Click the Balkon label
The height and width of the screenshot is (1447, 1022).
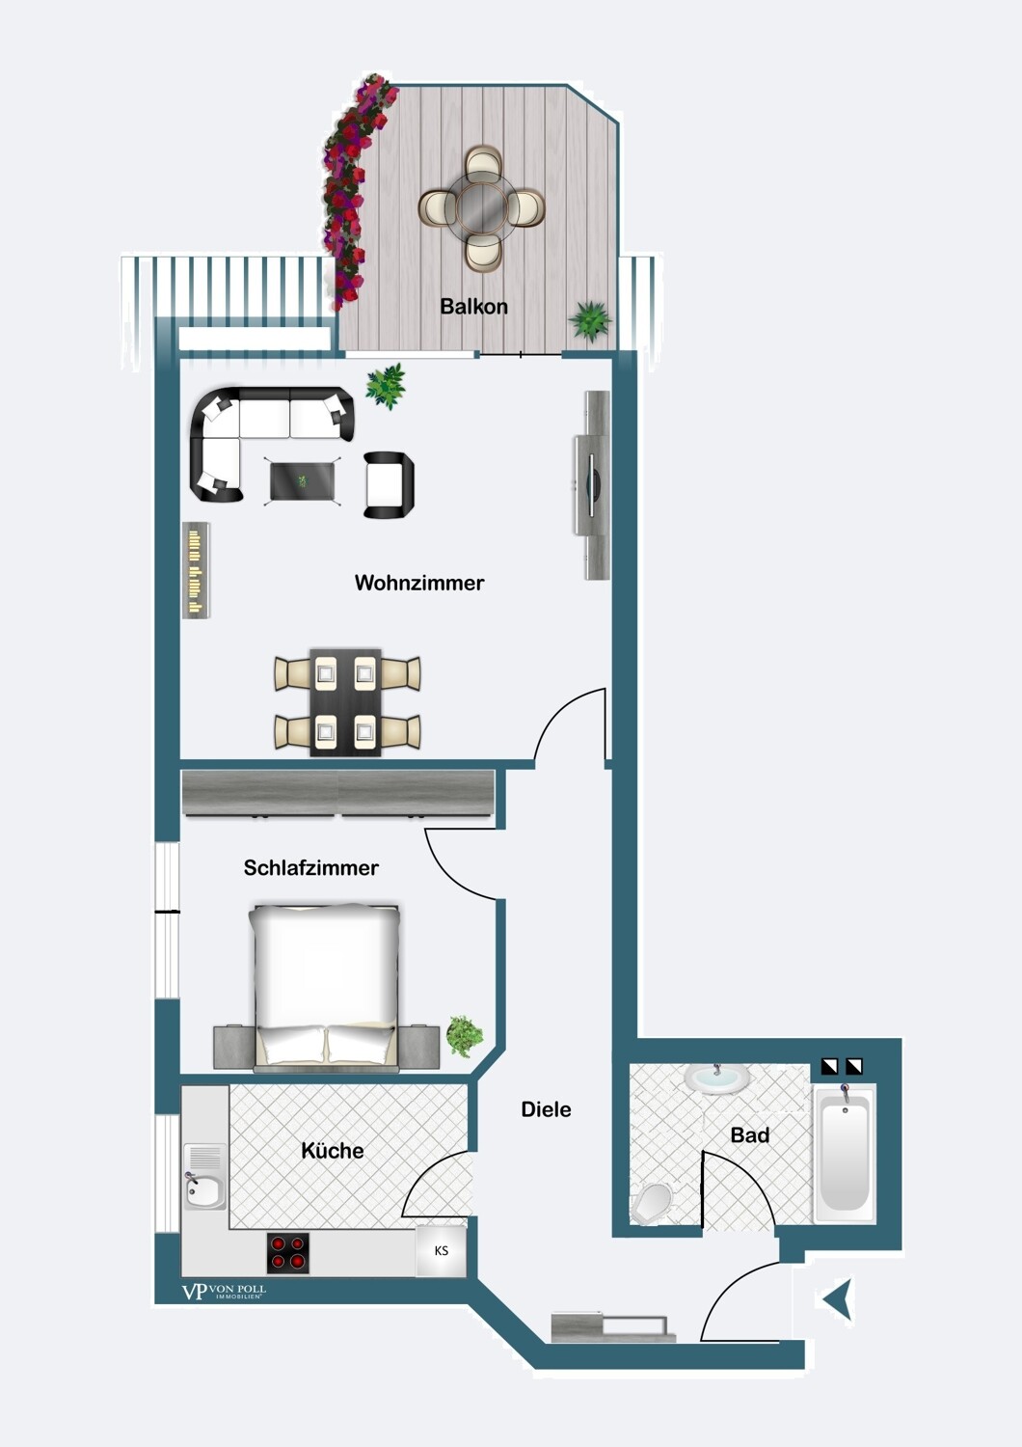point(473,306)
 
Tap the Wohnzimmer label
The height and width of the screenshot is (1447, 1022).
point(419,583)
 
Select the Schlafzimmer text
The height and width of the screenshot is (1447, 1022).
point(310,867)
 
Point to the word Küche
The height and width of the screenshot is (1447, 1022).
point(333,1151)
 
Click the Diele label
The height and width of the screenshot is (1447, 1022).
point(546,1109)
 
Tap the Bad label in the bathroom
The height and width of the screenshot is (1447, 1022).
point(749,1135)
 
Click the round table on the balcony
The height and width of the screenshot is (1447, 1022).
point(482,207)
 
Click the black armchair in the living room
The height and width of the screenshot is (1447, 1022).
point(388,484)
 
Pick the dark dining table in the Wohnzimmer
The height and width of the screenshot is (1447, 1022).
point(345,702)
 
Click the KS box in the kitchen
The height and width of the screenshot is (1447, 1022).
point(441,1251)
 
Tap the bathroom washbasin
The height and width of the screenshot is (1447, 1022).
point(716,1078)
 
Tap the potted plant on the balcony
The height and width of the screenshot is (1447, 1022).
point(590,319)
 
